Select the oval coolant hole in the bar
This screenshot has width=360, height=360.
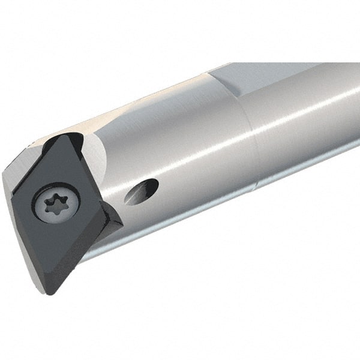143,191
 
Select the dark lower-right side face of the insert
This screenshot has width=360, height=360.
90,258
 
